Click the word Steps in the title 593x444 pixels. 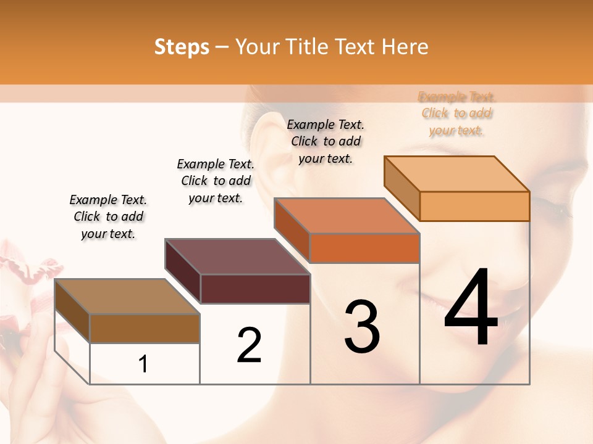pos(182,47)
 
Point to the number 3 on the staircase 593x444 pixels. pos(362,326)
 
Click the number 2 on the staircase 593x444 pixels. pos(249,345)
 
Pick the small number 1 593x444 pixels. pos(143,364)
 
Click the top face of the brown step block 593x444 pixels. pos(127,297)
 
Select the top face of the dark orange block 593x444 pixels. pos(347,216)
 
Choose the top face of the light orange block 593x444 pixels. pos(456,174)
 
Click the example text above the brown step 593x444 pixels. pos(108,216)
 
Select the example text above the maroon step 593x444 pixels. pos(216,181)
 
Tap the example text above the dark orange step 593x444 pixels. pos(326,141)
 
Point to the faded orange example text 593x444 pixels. pos(456,113)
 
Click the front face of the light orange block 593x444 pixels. pos(474,206)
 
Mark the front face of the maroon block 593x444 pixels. pos(255,289)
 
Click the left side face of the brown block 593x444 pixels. pos(72,312)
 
